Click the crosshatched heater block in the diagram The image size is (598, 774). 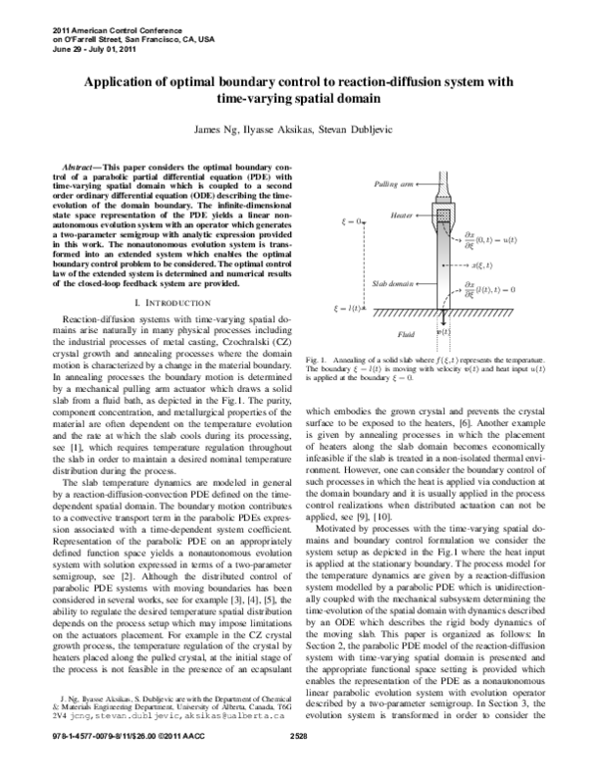tap(442, 212)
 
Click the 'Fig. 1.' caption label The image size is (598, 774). tap(318, 356)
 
